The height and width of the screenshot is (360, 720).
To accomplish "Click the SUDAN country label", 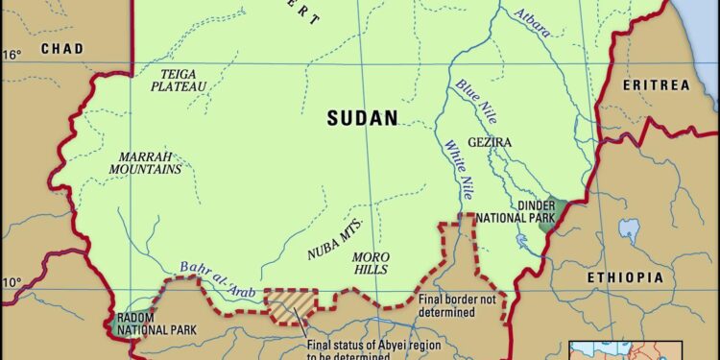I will [x=362, y=118].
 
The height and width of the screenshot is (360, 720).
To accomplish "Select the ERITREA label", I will [x=656, y=85].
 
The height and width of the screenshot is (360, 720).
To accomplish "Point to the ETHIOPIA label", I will [x=625, y=276].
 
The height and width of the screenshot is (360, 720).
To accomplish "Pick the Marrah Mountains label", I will [x=150, y=162].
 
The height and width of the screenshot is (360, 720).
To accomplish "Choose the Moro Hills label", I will [x=370, y=263].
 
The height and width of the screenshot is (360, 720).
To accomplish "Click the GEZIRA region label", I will [x=490, y=142].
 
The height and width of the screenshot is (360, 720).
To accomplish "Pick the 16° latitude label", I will [x=11, y=55].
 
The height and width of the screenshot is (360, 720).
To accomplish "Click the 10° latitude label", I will [x=11, y=282].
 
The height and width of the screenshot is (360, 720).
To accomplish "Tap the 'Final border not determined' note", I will [x=446, y=306].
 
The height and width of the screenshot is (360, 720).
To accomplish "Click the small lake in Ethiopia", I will [x=630, y=229].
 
